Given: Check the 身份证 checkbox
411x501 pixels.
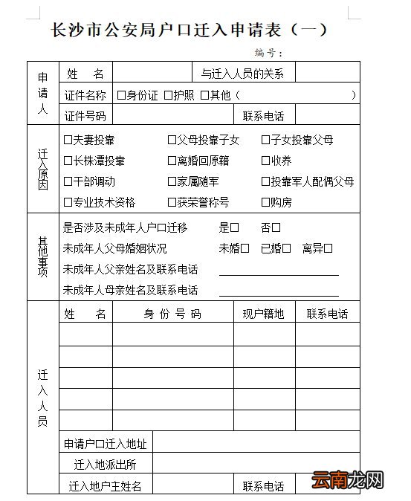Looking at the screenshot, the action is pyautogui.click(x=121, y=95).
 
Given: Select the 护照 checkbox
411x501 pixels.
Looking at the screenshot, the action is pyautogui.click(x=168, y=95).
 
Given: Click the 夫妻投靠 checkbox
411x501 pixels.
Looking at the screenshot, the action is pyautogui.click(x=68, y=140).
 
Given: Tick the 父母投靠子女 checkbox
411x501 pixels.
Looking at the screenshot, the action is pyautogui.click(x=172, y=140).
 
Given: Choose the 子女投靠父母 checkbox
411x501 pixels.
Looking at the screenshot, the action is pyautogui.click(x=265, y=140).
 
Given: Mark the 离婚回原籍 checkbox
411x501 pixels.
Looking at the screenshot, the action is pyautogui.click(x=172, y=161).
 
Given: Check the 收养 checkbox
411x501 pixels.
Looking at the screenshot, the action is pyautogui.click(x=265, y=161).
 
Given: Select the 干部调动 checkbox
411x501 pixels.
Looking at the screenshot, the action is pyautogui.click(x=68, y=181).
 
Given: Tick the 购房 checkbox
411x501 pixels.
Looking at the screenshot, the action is pyautogui.click(x=265, y=202).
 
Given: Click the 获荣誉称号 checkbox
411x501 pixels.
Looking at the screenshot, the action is pyautogui.click(x=172, y=202).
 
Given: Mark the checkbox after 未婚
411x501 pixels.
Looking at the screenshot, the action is pyautogui.click(x=245, y=248).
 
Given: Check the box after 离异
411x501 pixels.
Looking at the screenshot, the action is pyautogui.click(x=328, y=248).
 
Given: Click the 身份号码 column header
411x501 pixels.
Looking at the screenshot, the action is pyautogui.click(x=172, y=314).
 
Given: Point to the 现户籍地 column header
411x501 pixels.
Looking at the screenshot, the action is pyautogui.click(x=264, y=314).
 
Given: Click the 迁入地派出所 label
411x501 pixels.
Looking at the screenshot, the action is pyautogui.click(x=106, y=465).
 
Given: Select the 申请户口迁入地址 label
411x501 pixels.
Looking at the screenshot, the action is pyautogui.click(x=106, y=445).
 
